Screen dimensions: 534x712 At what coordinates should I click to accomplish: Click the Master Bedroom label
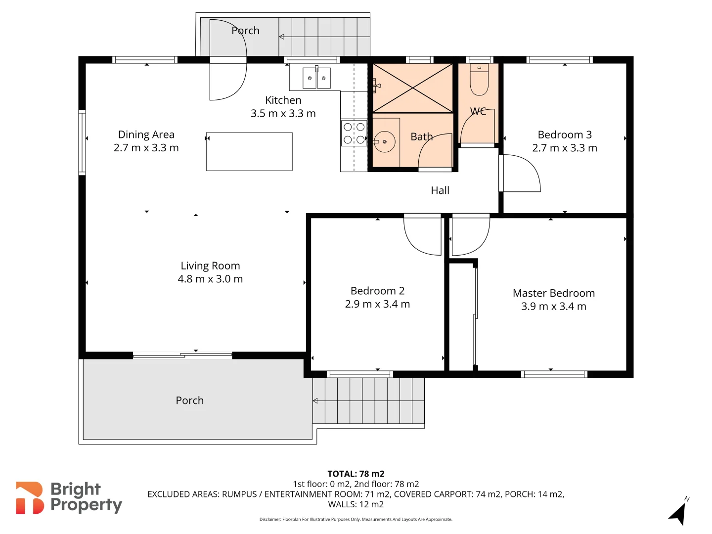point(553,293)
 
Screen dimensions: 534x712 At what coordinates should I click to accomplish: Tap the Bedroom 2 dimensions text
point(377,304)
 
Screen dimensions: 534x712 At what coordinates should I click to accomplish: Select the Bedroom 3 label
point(565,134)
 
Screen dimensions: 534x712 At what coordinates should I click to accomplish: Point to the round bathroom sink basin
point(384,142)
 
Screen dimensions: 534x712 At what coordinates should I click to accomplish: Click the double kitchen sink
point(316,78)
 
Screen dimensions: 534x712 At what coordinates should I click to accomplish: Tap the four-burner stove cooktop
point(354,133)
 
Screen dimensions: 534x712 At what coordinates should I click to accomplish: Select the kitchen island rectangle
point(249,152)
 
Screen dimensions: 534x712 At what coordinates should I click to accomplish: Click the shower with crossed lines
point(412,88)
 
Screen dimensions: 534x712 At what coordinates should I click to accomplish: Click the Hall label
point(440,190)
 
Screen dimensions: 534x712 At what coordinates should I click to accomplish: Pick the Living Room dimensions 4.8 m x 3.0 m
point(210,279)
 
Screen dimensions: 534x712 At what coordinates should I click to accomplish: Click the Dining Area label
point(146,134)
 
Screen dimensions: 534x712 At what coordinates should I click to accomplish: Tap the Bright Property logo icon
point(29,498)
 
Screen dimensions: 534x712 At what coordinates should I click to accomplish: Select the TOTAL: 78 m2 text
point(356,474)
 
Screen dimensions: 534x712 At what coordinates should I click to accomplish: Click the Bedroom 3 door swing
point(521,173)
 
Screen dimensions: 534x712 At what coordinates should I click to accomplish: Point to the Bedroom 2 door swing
point(423,235)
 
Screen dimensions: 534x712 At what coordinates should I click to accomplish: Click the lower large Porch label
point(189,400)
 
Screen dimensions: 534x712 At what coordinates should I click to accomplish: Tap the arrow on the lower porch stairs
point(315,400)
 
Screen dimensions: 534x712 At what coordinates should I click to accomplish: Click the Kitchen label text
point(283,100)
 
